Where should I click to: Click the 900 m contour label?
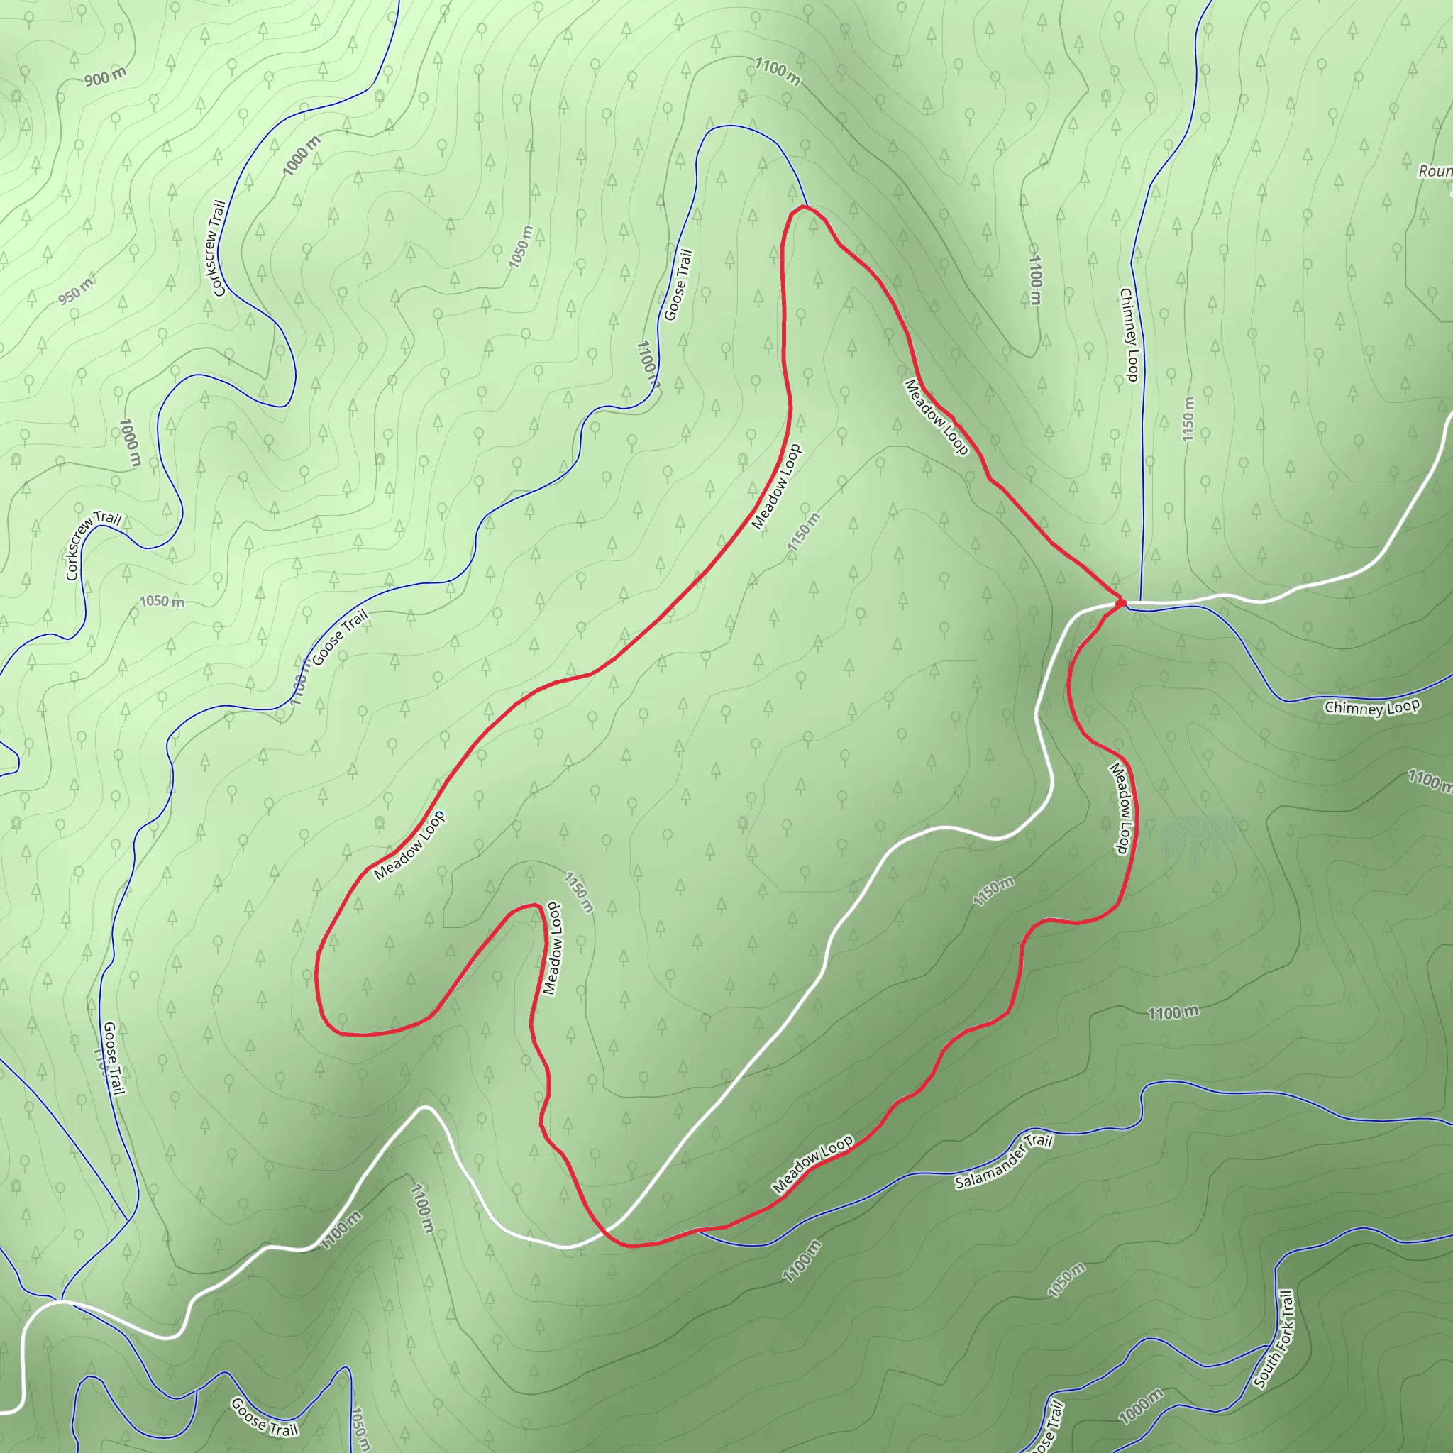click(x=105, y=77)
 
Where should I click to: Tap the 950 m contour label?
click(x=76, y=292)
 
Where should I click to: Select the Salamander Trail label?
click(x=1003, y=1162)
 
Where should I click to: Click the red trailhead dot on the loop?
click(x=1120, y=602)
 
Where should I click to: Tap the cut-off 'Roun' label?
click(x=1435, y=172)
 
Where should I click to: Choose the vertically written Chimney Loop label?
click(x=1129, y=335)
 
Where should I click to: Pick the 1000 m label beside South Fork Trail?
click(x=1141, y=1407)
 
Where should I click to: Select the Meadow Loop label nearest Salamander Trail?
click(x=812, y=1164)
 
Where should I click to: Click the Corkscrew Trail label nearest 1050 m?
click(x=93, y=546)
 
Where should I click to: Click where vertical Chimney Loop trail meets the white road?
click(x=1141, y=602)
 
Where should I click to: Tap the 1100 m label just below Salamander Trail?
click(x=802, y=1261)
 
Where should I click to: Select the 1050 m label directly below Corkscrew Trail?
click(x=162, y=602)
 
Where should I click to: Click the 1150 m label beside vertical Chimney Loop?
click(x=1188, y=419)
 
